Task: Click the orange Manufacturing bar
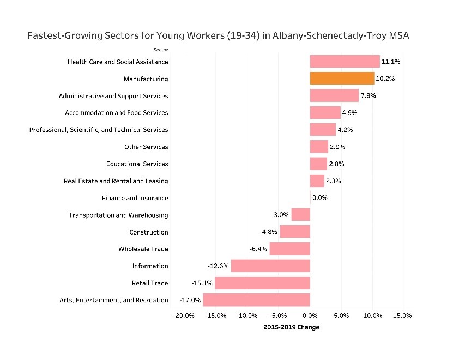342,79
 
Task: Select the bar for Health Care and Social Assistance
345,62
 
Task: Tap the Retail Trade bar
262,283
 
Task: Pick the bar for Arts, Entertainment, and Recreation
256,300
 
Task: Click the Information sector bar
270,266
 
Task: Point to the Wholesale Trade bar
289,249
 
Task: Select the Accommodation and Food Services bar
325,113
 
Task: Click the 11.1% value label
391,62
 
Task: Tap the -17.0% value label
190,300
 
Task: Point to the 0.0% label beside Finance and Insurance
320,198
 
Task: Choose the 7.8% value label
369,96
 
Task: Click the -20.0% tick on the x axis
184,316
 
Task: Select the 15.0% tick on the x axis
402,316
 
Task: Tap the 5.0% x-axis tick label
341,316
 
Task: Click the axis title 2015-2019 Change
291,327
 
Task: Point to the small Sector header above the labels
161,50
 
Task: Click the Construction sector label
148,232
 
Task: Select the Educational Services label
137,164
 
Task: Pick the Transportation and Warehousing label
118,215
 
